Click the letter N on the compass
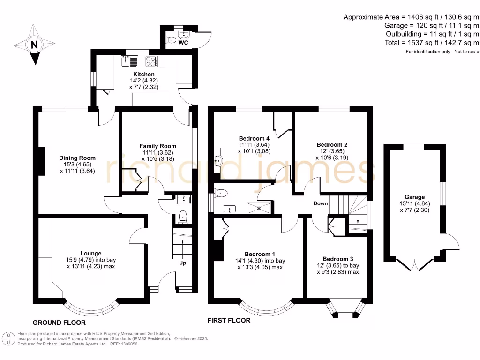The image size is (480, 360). [34, 45]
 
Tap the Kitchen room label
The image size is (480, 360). [143, 74]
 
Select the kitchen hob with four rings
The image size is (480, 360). [151, 61]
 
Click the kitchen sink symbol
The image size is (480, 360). [129, 61]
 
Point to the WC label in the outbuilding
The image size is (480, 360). [183, 43]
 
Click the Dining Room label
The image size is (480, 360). [77, 158]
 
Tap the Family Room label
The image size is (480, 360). [158, 146]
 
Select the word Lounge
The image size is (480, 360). [90, 253]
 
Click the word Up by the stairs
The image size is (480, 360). [182, 263]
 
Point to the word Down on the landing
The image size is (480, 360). [321, 203]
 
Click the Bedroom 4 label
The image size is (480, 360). [254, 138]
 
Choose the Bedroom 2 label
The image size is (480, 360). [332, 144]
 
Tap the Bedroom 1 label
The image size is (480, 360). [260, 254]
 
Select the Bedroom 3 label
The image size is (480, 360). [337, 259]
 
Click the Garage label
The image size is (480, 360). [414, 197]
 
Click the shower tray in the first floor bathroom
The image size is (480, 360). [259, 208]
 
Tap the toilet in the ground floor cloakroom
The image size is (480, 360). [183, 216]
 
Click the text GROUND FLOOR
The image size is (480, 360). [59, 322]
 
